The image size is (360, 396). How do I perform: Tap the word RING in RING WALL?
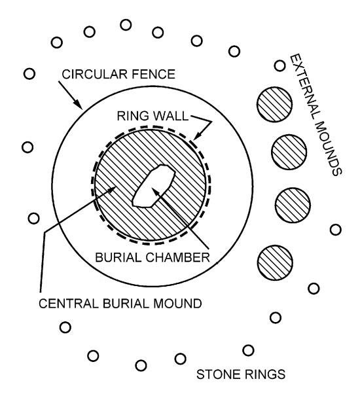(x=133, y=116)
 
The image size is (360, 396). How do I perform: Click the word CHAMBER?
(x=177, y=257)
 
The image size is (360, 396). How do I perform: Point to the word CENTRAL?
(x=68, y=303)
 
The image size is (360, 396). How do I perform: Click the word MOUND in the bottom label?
(x=177, y=303)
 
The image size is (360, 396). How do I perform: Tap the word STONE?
(x=219, y=374)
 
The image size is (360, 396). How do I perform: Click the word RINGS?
(x=264, y=374)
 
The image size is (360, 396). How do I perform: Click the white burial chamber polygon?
(x=153, y=186)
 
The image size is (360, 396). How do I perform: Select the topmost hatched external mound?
(x=275, y=104)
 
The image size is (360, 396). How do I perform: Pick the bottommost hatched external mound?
(x=275, y=262)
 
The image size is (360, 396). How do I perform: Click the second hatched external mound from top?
(x=289, y=152)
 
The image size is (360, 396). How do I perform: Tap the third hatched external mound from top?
(x=293, y=205)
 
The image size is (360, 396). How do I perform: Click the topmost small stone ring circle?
(x=126, y=25)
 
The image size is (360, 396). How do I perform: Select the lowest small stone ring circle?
(x=141, y=365)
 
